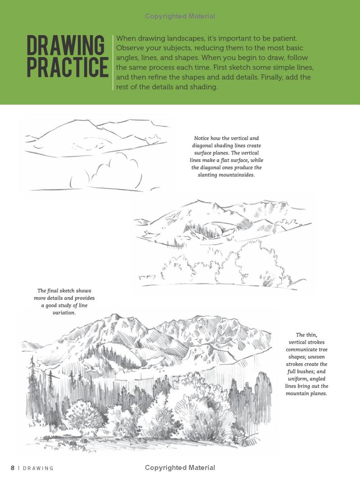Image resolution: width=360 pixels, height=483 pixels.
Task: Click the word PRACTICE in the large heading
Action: pos(67,67)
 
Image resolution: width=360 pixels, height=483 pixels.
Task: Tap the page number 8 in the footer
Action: pos(13,468)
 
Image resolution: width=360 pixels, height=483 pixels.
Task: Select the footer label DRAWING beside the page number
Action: pos(38,468)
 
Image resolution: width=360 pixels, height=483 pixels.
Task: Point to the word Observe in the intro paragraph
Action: pos(130,48)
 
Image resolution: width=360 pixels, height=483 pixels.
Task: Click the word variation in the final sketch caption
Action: pos(64,312)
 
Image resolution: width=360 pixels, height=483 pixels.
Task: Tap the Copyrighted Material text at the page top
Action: pos(180,16)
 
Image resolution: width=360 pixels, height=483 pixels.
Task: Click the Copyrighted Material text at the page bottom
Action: pos(180,468)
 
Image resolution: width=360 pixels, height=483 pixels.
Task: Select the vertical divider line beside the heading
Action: pos(112,62)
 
